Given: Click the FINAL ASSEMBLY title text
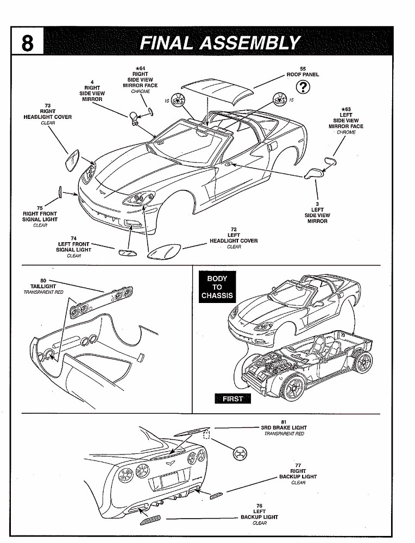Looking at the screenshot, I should pos(219,42).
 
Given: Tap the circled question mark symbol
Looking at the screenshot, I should pos(303,87).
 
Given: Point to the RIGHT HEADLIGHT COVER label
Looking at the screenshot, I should pos(47,114).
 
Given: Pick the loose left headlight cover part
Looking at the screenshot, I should pos(164,252).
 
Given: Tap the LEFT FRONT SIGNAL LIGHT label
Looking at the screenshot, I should pos(74,247).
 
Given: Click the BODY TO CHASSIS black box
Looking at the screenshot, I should pos(217,287).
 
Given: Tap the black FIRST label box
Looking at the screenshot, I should pos(233,399).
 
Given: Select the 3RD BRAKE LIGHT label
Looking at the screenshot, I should pos(284,428).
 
